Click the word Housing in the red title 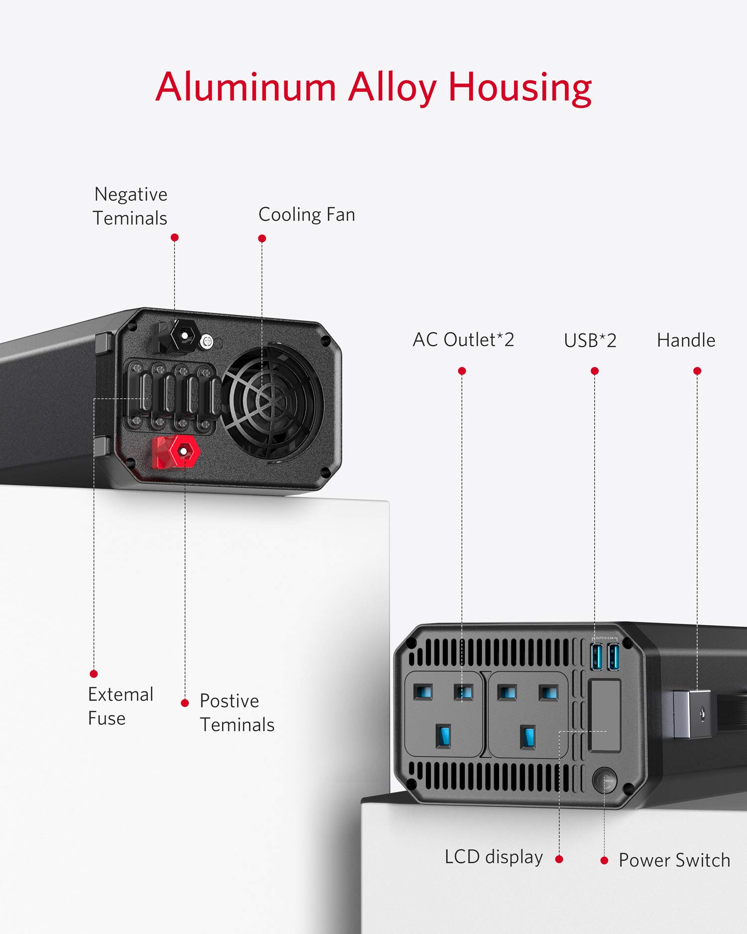[520, 88]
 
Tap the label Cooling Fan [307, 215]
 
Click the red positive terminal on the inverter [176, 452]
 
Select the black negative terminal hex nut [184, 336]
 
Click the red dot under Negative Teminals [174, 238]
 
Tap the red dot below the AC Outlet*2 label [462, 371]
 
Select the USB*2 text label [590, 341]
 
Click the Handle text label [686, 340]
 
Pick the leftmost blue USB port [597, 657]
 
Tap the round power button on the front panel [605, 781]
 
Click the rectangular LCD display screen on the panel [605, 715]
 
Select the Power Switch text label [674, 860]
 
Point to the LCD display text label [494, 857]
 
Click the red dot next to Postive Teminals [185, 703]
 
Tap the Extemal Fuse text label [121, 706]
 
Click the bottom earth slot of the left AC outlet [443, 736]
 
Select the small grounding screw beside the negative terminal [207, 342]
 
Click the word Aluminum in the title [246, 87]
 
